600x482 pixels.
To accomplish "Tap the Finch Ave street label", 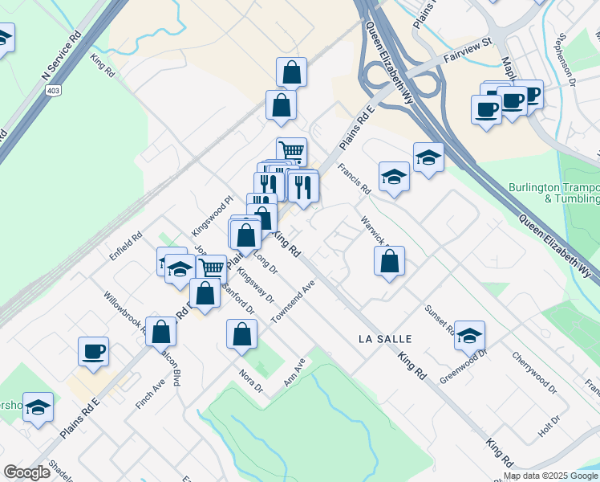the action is (149, 394).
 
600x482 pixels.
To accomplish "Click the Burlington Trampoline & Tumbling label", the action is (553, 193).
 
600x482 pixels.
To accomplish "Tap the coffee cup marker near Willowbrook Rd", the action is (93, 351).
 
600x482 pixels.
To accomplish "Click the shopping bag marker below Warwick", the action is (389, 260).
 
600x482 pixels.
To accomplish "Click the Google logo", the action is (27, 472).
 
